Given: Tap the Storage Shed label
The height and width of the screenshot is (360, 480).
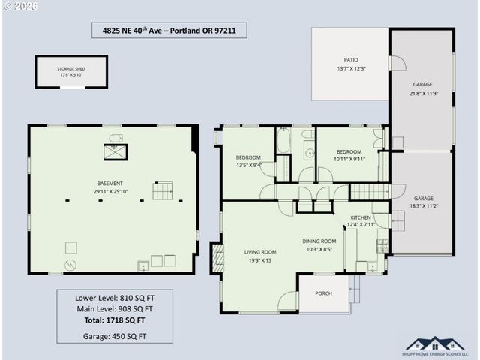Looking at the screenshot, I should click(71, 71).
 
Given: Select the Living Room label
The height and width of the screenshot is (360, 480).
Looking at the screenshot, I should click(260, 256).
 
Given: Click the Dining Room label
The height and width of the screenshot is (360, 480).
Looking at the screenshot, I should click(319, 244).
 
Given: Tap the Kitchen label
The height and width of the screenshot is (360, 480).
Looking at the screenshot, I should click(361, 220).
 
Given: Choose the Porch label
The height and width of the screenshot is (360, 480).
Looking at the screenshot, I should click(323, 293).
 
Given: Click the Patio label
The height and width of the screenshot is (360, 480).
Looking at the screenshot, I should click(350, 63).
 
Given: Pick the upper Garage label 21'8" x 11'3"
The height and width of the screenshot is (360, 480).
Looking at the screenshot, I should click(422, 88).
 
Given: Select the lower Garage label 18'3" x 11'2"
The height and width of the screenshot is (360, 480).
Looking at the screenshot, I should click(422, 201).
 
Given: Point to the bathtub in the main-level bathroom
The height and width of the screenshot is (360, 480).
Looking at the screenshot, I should click(283, 141).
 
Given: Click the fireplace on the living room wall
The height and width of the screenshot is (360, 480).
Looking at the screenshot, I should click(218, 256).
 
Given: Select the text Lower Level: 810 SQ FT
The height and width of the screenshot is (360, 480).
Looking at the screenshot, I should click(115, 297).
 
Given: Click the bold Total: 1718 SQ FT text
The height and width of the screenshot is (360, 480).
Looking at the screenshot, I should click(115, 319).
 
